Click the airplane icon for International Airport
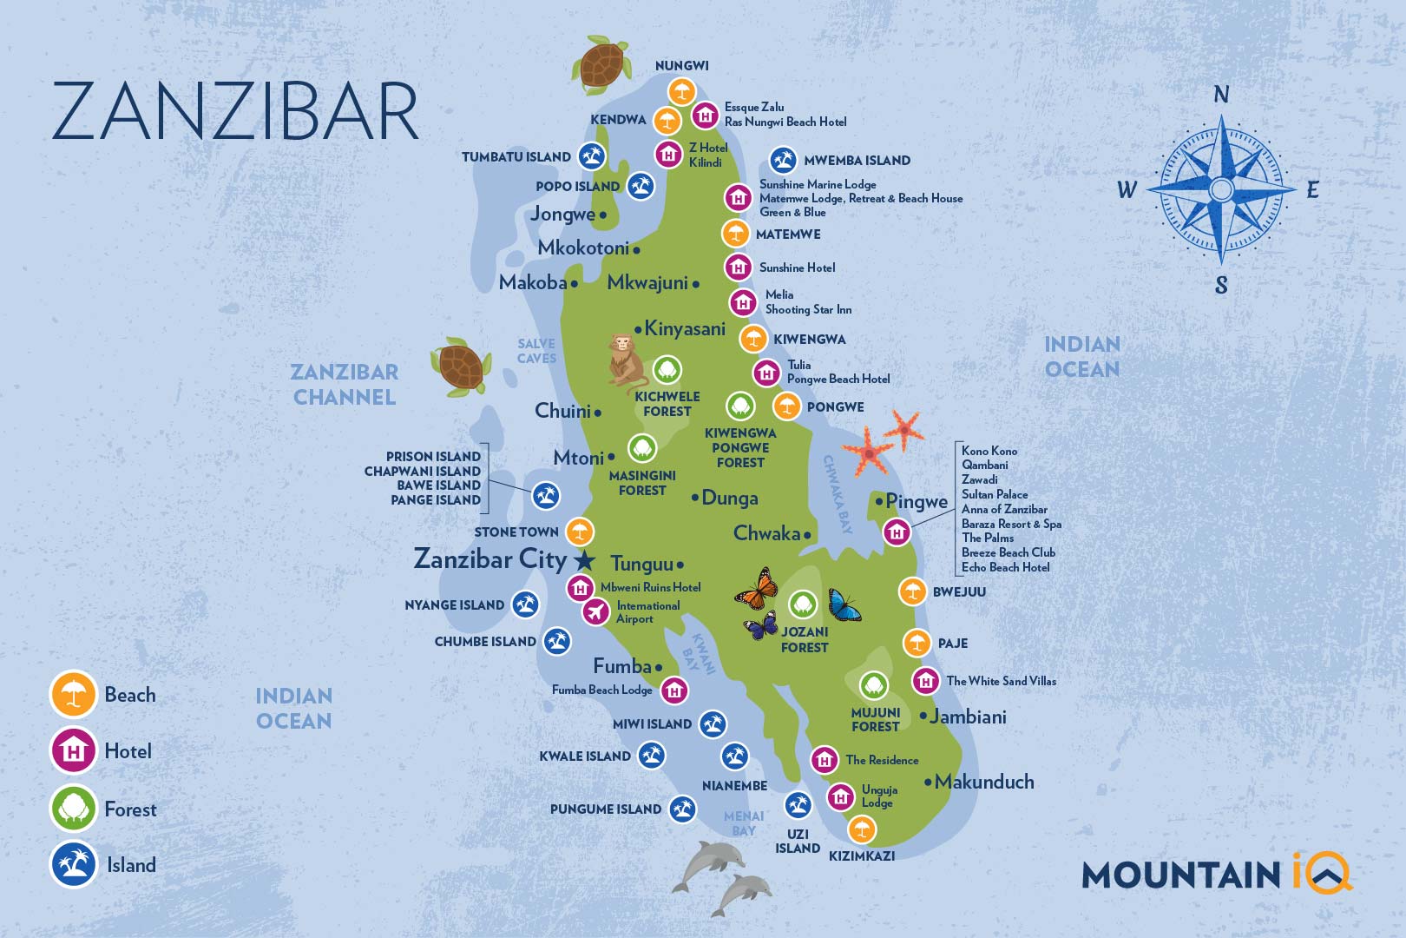point(595,612)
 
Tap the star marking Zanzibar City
point(586,560)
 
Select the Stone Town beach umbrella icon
point(580,532)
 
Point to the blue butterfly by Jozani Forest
point(843,605)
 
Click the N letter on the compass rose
point(1221,95)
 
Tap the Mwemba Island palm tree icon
point(783,160)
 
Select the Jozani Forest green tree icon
point(803,604)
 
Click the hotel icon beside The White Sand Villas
point(925,681)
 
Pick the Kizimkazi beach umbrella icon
point(861,830)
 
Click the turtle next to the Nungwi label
point(601,64)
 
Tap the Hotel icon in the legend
point(74,750)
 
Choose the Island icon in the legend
point(74,864)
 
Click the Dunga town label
point(729,499)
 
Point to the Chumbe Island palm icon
point(557,642)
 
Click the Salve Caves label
point(536,351)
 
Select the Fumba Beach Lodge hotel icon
point(674,691)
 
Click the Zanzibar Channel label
point(345,385)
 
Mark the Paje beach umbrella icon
point(917,644)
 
